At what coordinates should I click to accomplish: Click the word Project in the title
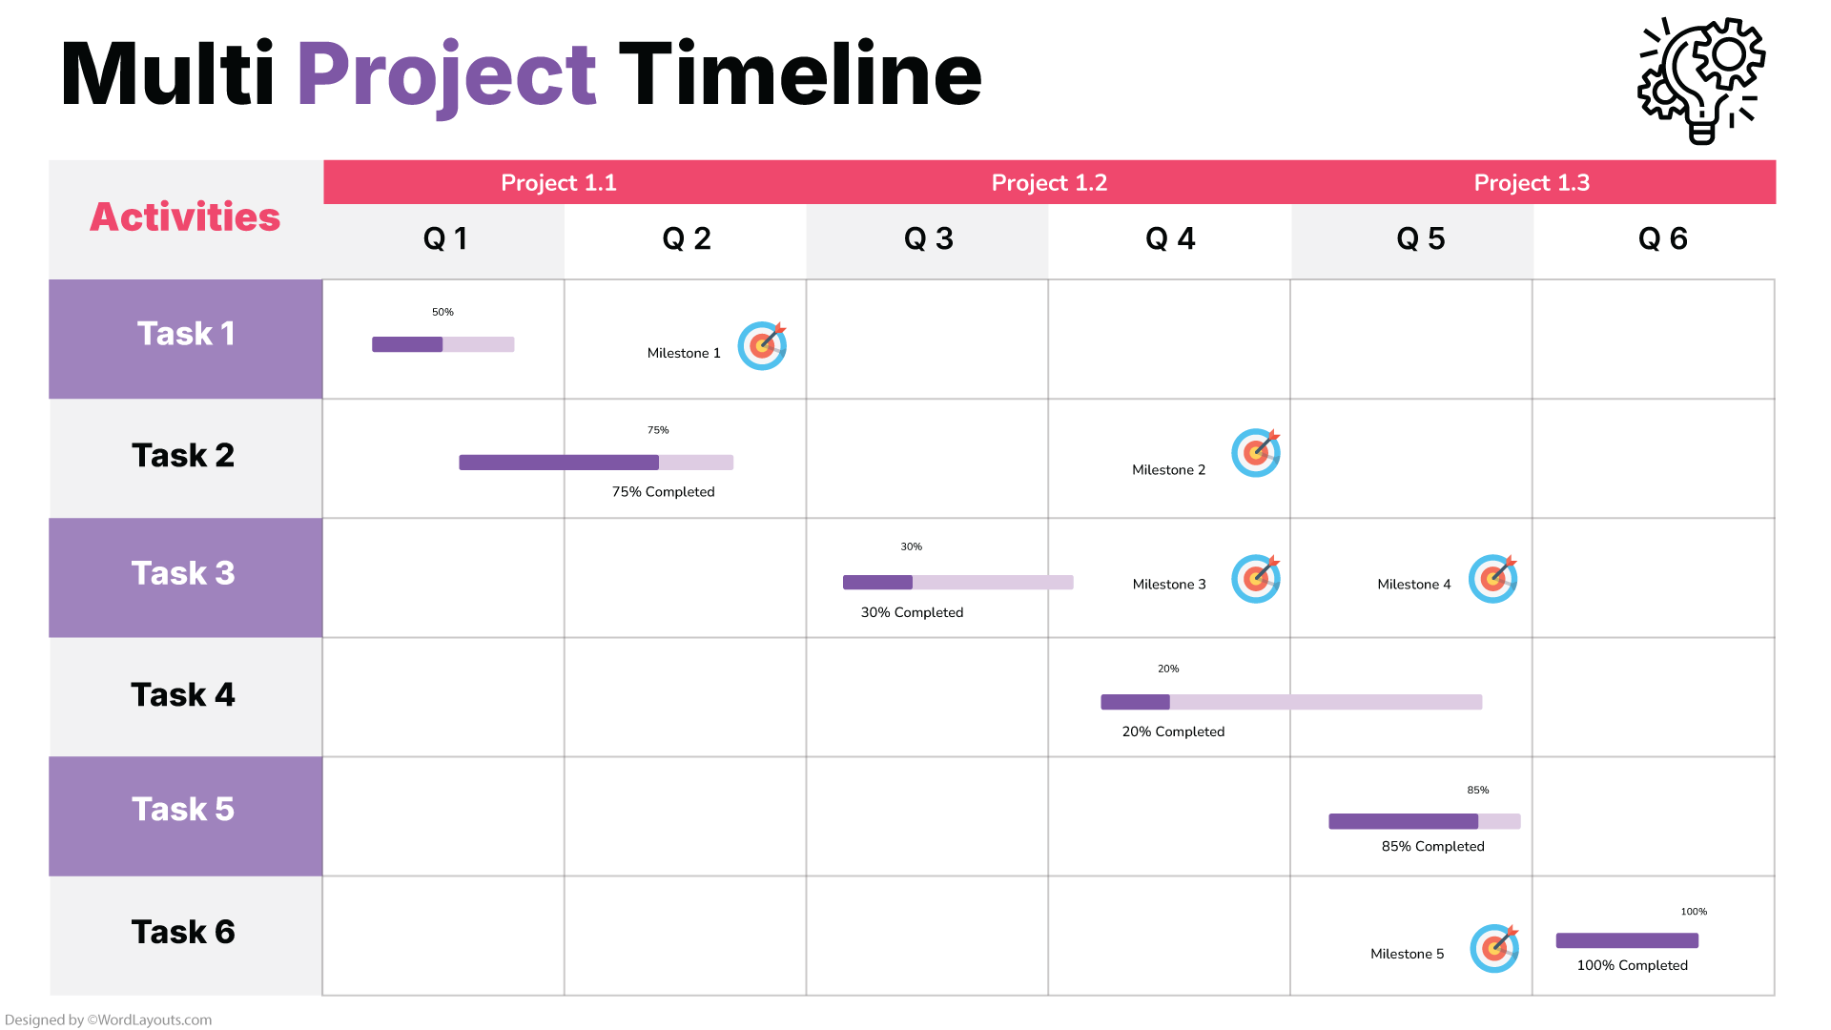point(446,74)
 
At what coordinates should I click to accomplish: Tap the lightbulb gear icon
point(1701,80)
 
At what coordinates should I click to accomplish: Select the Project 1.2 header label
point(1049,182)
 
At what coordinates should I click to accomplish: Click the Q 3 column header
point(928,238)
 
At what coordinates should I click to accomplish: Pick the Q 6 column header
point(1662,238)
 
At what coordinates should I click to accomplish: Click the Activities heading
point(185,217)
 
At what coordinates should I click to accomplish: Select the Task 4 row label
point(183,694)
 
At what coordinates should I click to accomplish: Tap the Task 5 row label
point(183,809)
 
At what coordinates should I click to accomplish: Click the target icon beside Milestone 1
point(762,345)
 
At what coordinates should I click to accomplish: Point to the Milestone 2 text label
point(1168,469)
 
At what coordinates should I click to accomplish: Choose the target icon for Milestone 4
point(1492,579)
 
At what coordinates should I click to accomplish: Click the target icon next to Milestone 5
point(1493,948)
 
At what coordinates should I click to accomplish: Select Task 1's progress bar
point(442,344)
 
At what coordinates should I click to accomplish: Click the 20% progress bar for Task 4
point(1290,702)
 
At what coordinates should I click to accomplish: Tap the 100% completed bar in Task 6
point(1627,940)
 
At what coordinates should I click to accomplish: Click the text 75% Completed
point(663,492)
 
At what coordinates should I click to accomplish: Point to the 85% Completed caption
point(1432,846)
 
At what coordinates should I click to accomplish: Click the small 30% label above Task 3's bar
point(911,546)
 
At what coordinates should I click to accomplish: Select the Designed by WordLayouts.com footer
point(109,1020)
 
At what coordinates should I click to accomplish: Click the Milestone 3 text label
point(1168,584)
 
